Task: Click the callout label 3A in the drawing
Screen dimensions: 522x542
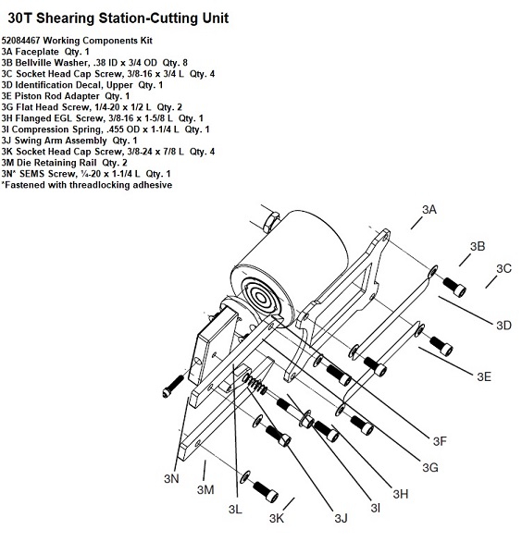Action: [429, 209]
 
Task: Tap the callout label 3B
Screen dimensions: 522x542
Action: [478, 246]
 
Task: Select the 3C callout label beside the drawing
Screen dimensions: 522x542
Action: [503, 268]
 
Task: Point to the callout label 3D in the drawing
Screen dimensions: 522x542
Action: [503, 326]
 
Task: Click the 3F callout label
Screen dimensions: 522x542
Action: [440, 441]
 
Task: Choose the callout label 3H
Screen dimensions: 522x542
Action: [401, 494]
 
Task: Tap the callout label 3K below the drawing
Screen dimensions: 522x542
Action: [277, 519]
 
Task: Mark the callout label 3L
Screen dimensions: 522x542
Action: [235, 509]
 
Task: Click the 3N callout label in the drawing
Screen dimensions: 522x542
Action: [171, 479]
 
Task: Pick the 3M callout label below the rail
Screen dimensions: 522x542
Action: [205, 490]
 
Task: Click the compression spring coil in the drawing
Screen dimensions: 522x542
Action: [255, 384]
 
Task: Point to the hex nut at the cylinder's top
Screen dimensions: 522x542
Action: [271, 222]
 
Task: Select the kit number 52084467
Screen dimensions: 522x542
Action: [21, 41]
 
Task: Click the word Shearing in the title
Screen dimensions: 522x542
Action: [66, 18]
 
